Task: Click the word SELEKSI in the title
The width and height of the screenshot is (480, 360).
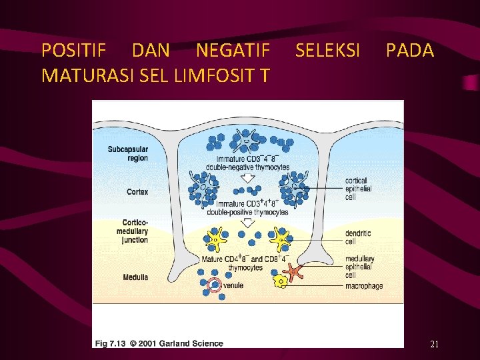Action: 327,50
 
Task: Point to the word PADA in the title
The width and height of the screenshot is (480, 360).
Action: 409,50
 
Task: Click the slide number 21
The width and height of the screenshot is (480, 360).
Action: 434,344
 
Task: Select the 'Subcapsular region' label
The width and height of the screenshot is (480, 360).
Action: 128,153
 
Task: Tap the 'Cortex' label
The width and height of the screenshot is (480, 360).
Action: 137,191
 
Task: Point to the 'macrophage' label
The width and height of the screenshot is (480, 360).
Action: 363,286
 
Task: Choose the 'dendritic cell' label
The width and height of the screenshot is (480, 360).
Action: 359,237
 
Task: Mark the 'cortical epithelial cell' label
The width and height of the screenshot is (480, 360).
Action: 359,189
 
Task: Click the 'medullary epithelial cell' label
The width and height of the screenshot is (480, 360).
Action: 359,267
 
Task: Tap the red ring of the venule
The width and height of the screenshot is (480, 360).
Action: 215,285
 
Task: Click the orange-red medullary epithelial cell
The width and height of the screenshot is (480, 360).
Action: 293,270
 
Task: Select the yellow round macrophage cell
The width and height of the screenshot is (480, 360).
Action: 281,282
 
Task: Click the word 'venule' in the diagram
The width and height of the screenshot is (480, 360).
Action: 233,285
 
